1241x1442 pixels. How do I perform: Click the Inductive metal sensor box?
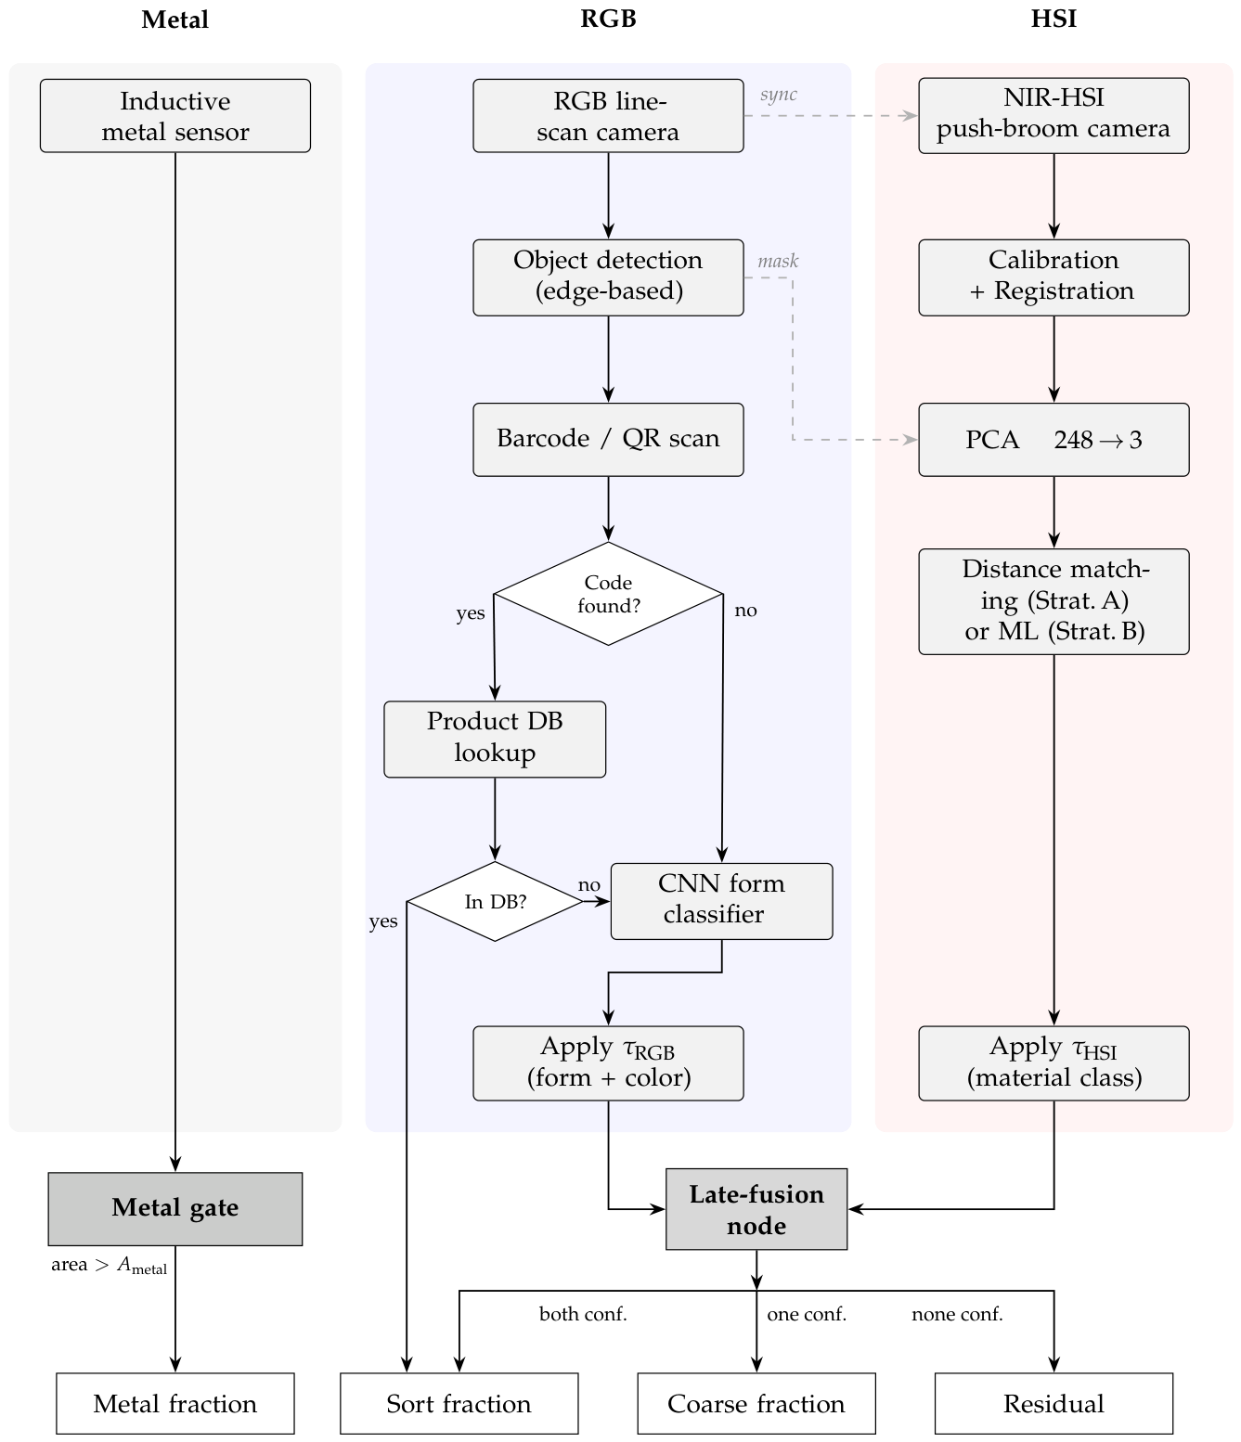coord(175,116)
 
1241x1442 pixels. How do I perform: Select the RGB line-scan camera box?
coord(608,116)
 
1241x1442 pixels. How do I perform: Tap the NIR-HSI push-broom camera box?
coord(1054,116)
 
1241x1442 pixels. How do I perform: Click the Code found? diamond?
coord(608,594)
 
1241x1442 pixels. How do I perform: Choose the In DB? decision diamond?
coord(495,901)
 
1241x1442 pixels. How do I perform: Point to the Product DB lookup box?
coord(495,739)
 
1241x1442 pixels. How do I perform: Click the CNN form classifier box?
coord(722,901)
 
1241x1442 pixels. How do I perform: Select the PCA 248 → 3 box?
coord(1054,440)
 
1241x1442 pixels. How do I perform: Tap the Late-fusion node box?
coord(756,1209)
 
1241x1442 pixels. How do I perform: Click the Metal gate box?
coord(175,1209)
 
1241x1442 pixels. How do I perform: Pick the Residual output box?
coord(1054,1403)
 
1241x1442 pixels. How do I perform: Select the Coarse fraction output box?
coord(756,1403)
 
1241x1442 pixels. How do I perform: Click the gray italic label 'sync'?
coord(778,94)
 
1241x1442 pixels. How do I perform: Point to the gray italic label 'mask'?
coord(778,261)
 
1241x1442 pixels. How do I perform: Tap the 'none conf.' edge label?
coord(957,1314)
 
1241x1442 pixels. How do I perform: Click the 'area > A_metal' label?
coord(109,1265)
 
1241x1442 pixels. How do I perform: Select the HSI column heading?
coord(1054,19)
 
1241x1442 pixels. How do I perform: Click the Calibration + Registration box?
coord(1054,277)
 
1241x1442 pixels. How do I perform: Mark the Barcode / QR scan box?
coord(608,440)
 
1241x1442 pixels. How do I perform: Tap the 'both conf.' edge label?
coord(583,1314)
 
